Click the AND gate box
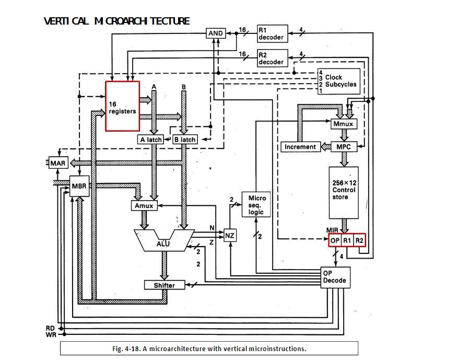tap(216, 33)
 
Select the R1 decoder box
tap(272, 33)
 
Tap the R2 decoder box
tap(272, 58)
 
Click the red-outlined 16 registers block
tap(123, 106)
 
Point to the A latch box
tap(151, 140)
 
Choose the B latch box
tap(185, 140)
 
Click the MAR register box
tap(58, 163)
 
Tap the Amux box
tap(144, 206)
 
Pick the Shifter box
tap(165, 285)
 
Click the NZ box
tap(230, 236)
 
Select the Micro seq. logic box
tap(256, 205)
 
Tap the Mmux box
tap(343, 124)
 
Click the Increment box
tap(300, 147)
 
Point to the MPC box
tap(344, 147)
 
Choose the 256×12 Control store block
tap(344, 192)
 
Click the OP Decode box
tap(334, 277)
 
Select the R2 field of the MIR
tap(359, 240)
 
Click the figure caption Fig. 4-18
tap(209, 349)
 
